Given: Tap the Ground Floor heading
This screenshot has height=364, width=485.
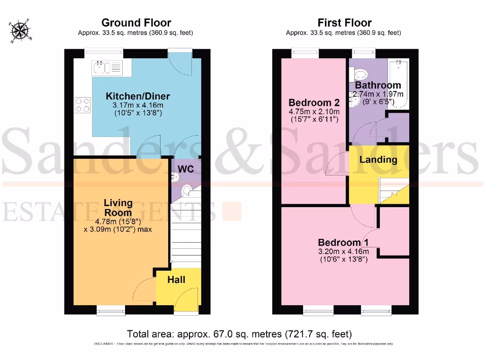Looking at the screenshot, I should point(136,23).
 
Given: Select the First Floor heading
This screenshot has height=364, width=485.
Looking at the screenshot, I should point(344,23).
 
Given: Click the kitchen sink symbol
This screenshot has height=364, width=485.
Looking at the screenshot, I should point(108,68).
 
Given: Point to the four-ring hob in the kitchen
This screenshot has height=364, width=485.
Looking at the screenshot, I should point(83,105).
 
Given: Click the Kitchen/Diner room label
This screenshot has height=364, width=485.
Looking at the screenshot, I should point(137,97).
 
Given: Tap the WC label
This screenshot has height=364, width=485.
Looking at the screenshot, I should point(185,169).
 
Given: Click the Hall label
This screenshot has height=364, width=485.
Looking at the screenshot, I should point(176,280).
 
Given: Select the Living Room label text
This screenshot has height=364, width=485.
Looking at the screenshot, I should point(118,208).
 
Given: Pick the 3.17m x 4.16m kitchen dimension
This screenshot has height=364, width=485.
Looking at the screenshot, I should point(137,105).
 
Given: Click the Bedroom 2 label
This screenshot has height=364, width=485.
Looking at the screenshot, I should point(314,102).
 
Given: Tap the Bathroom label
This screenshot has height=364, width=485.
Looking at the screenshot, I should point(378,86).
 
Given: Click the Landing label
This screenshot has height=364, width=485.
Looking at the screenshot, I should point(378,159).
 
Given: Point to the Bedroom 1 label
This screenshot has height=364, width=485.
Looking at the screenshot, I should point(343,242).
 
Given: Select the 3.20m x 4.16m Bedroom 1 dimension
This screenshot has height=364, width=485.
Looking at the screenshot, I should point(343,251).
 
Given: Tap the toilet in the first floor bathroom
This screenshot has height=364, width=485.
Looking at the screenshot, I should point(360,74).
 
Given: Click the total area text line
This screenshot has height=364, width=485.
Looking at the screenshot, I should point(239,333).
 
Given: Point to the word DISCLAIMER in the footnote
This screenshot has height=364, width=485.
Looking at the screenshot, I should point(102,344).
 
